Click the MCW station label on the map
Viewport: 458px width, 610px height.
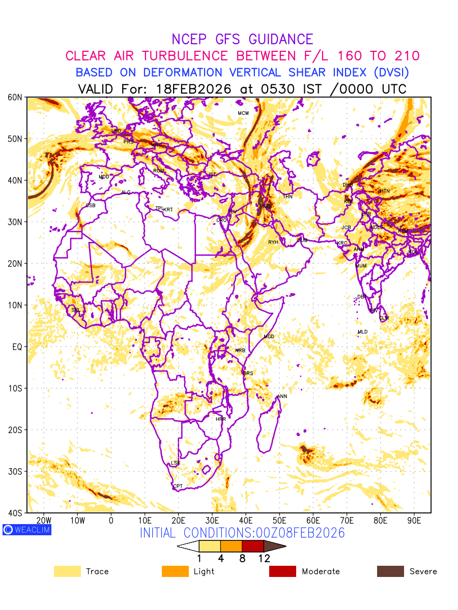243,113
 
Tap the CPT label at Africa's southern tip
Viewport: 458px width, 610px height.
178,486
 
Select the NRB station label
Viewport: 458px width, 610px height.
240,351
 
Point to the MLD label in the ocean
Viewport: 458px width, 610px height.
362,332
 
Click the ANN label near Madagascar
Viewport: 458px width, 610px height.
282,396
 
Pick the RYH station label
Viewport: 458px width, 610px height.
273,242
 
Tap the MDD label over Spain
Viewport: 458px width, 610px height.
104,177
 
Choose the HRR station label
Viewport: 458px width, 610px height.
221,419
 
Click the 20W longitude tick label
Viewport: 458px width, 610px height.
44,521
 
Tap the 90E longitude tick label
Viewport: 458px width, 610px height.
414,521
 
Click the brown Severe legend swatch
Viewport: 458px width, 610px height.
390,571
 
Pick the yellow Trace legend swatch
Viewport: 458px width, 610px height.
67,571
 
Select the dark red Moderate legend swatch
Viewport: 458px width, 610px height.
282,571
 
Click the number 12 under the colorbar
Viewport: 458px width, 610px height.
264,558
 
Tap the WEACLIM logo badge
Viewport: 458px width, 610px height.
27,530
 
